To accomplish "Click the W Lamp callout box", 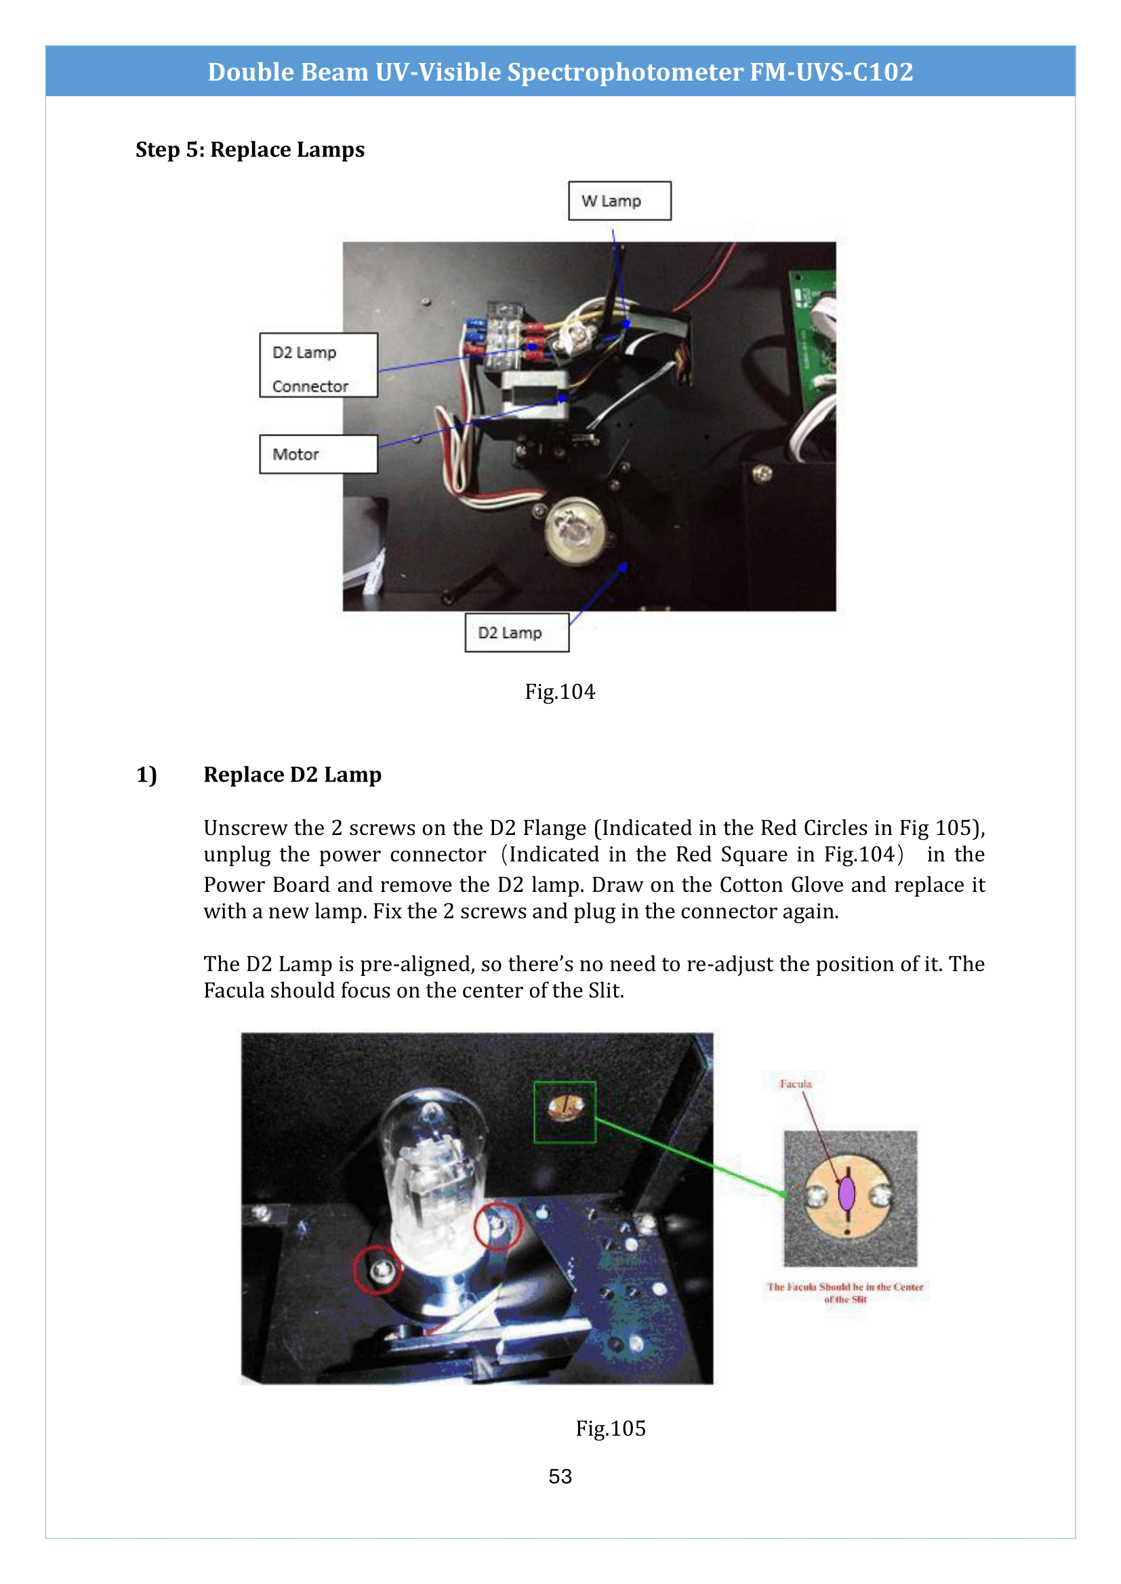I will click(619, 200).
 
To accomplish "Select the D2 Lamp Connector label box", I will click(319, 365).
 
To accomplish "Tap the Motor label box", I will click(319, 454).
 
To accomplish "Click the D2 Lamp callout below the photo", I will click(516, 633).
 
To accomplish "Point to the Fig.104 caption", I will click(560, 691).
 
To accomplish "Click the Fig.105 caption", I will click(610, 1428).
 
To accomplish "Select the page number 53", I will click(560, 1476).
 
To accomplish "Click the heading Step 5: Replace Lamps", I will click(250, 150).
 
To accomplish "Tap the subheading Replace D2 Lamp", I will click(292, 775).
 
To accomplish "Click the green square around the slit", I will click(565, 1112).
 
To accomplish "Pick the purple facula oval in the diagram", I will click(847, 1194).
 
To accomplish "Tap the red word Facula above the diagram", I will click(795, 1084).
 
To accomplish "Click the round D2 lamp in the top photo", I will click(574, 531).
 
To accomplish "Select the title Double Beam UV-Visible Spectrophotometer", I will click(560, 72).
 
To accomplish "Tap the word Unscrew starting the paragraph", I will click(237, 828).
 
